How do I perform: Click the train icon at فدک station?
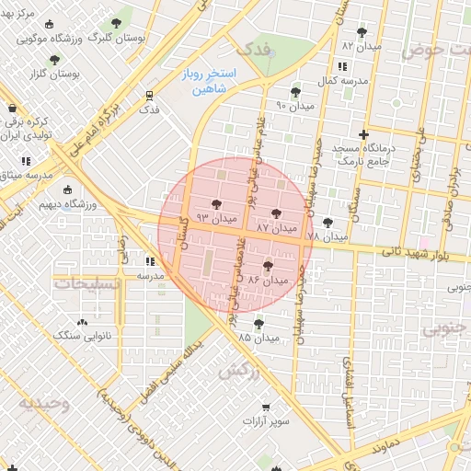[x=148, y=95]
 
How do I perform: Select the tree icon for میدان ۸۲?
[x=361, y=31]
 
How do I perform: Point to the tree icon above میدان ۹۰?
[x=295, y=92]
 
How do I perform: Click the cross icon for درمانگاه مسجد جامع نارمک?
[x=364, y=134]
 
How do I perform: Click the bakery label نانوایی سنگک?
[x=81, y=337]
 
